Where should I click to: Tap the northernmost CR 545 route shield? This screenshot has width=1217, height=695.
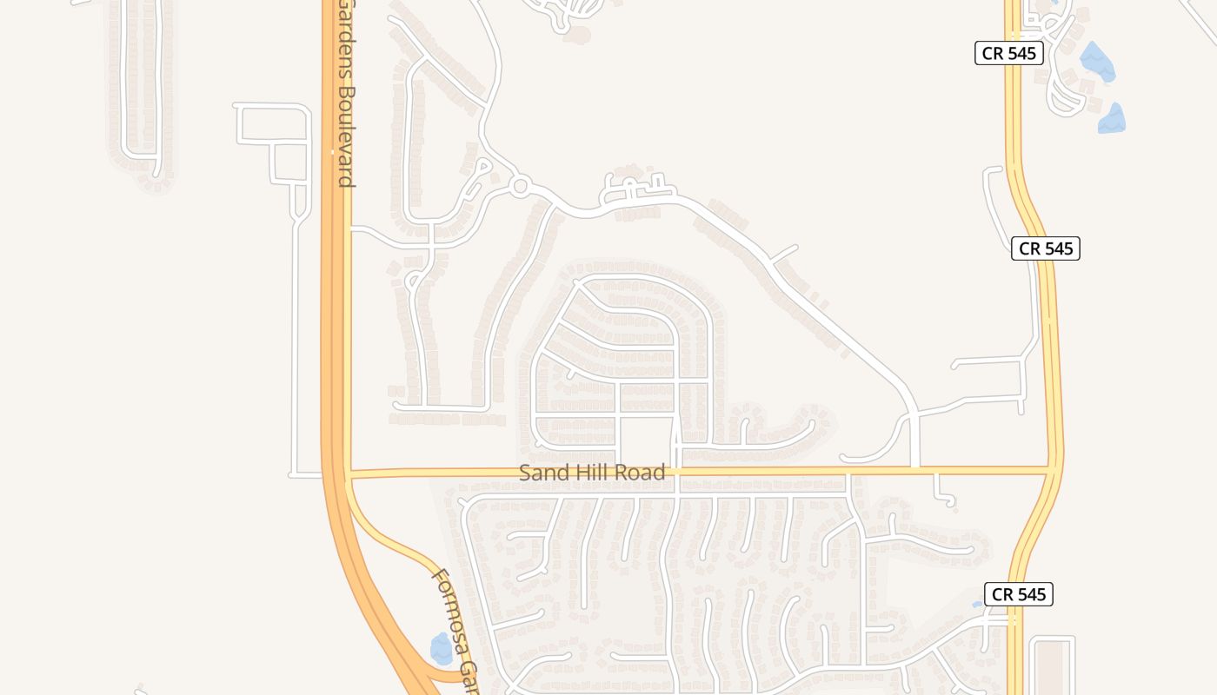pyautogui.click(x=1008, y=53)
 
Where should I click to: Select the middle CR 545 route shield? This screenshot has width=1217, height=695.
pyautogui.click(x=1046, y=248)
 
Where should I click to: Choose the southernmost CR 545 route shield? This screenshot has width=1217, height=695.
pyautogui.click(x=1019, y=594)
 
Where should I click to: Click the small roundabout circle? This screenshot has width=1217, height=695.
pyautogui.click(x=520, y=186)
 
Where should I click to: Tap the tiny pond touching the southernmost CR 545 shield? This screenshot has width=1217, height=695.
pyautogui.click(x=978, y=603)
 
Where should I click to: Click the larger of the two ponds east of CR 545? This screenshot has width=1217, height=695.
pyautogui.click(x=1096, y=61)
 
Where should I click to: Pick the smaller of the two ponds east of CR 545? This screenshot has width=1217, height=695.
pyautogui.click(x=1112, y=119)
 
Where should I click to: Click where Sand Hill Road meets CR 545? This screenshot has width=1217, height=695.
pyautogui.click(x=1055, y=470)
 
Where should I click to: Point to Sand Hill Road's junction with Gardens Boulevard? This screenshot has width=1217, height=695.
pyautogui.click(x=346, y=474)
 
